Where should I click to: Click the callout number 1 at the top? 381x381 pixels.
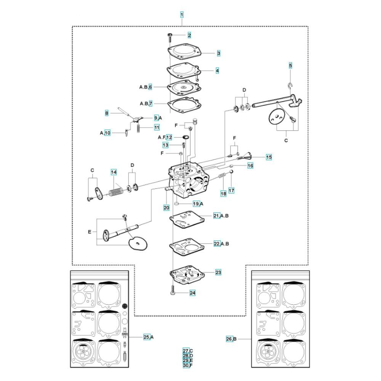(182, 14)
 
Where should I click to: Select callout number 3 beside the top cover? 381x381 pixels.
(219, 53)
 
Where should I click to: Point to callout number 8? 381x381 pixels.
(107, 113)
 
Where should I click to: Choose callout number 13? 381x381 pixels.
(165, 145)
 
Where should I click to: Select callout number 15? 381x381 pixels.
(269, 157)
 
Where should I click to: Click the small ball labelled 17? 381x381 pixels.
(232, 172)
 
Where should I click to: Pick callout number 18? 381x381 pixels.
(223, 194)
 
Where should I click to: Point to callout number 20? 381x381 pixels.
(166, 208)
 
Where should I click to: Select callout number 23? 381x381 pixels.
(218, 272)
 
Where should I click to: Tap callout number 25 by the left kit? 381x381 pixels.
(147, 337)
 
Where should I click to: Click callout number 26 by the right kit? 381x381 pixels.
(229, 339)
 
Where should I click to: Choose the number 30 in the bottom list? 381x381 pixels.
(186, 365)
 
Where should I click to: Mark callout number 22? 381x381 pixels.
(217, 244)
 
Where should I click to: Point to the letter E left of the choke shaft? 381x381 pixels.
(90, 232)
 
